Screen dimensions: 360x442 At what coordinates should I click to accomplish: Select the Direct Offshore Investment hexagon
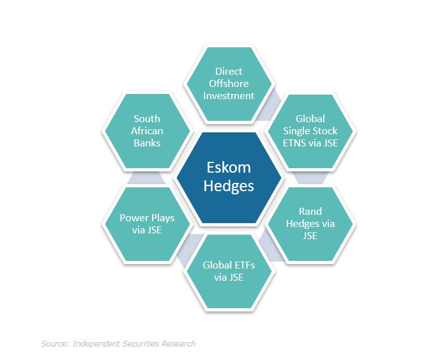(x=229, y=84)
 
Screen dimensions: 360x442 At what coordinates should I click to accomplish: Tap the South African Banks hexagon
(x=147, y=130)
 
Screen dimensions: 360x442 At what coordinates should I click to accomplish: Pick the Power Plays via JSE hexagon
(x=147, y=224)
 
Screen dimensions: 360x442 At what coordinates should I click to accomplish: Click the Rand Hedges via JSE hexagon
(x=310, y=224)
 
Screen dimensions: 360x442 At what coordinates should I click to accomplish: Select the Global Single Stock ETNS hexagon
(x=310, y=130)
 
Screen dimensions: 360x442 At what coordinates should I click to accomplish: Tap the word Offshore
(x=229, y=84)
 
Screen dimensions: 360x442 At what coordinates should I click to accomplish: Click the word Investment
(x=229, y=96)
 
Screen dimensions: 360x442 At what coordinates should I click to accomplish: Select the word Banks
(x=147, y=143)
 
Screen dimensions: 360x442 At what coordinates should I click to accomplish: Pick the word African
(x=147, y=130)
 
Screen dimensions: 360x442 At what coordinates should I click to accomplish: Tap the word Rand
(x=310, y=211)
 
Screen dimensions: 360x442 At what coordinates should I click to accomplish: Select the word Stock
(x=324, y=130)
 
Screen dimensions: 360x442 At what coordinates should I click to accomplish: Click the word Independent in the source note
(x=97, y=344)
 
